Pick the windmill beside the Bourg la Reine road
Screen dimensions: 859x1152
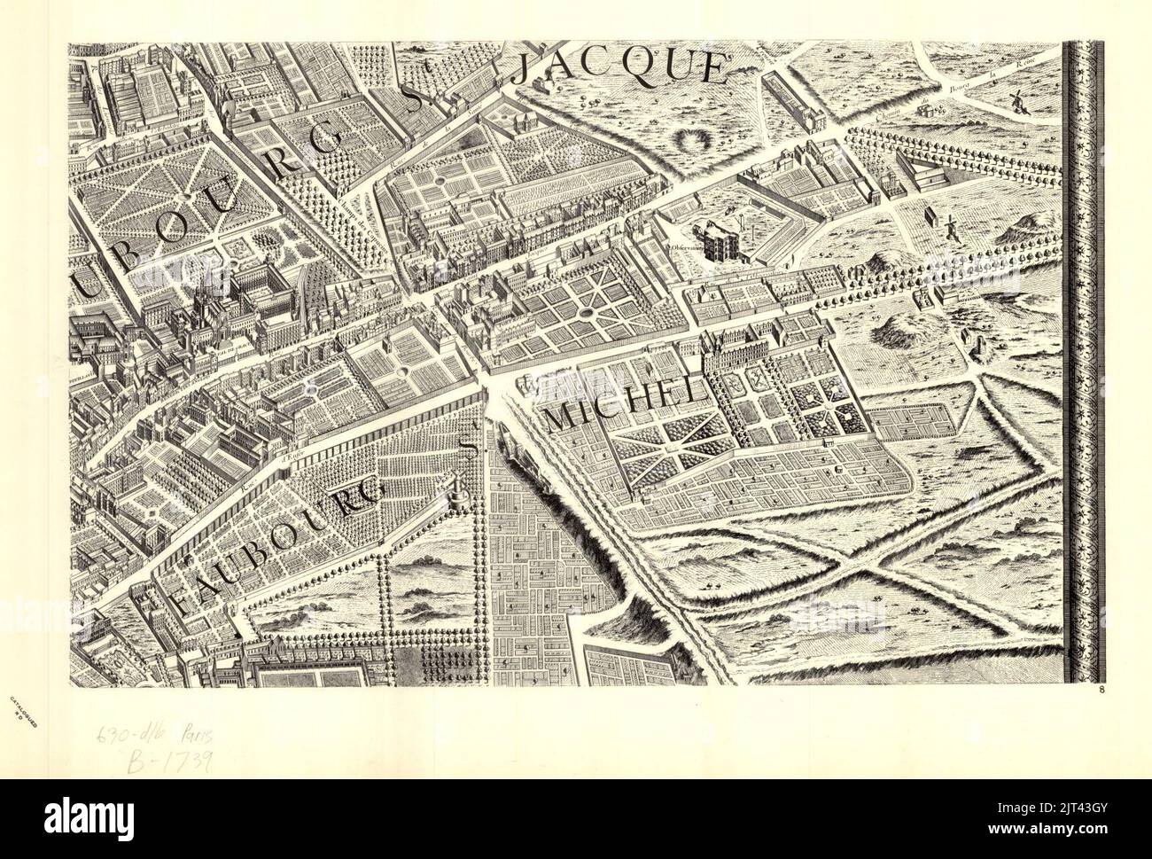click(1016, 98)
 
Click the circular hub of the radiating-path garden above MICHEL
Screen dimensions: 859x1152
click(588, 315)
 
